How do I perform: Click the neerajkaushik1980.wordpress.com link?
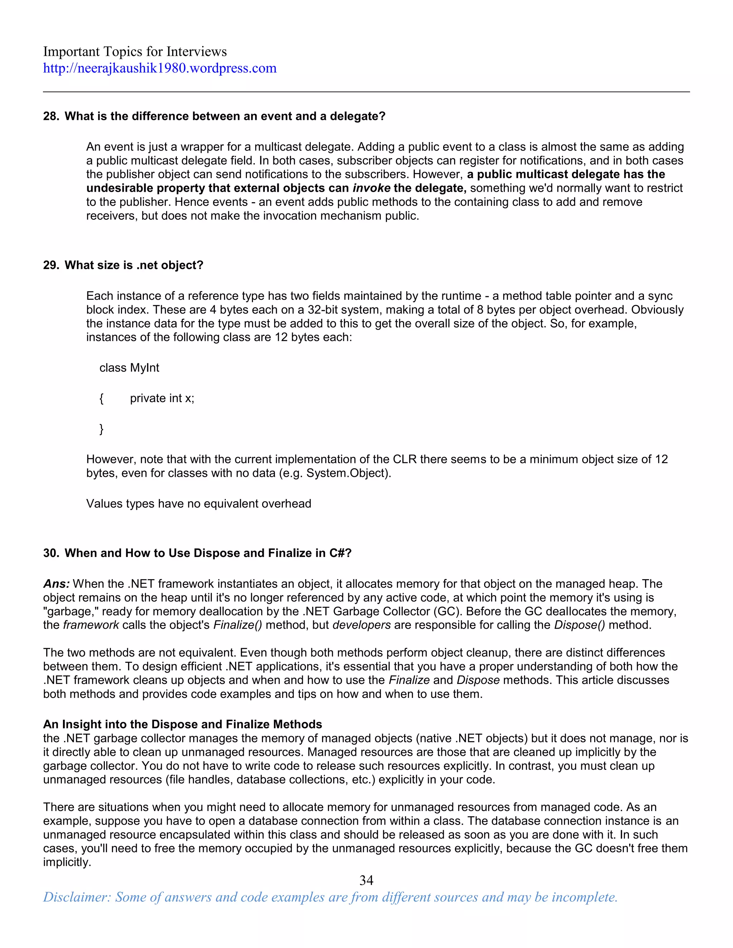160,69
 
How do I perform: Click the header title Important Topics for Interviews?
135,52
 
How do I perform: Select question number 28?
50,116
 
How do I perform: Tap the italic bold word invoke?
371,188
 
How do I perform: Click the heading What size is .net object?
134,265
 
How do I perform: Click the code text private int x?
162,398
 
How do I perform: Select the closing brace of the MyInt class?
102,429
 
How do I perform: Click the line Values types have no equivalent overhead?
198,504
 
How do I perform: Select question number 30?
50,553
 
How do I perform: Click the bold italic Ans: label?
57,584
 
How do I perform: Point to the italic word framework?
91,625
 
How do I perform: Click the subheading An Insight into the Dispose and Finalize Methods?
183,724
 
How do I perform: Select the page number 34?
366,880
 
